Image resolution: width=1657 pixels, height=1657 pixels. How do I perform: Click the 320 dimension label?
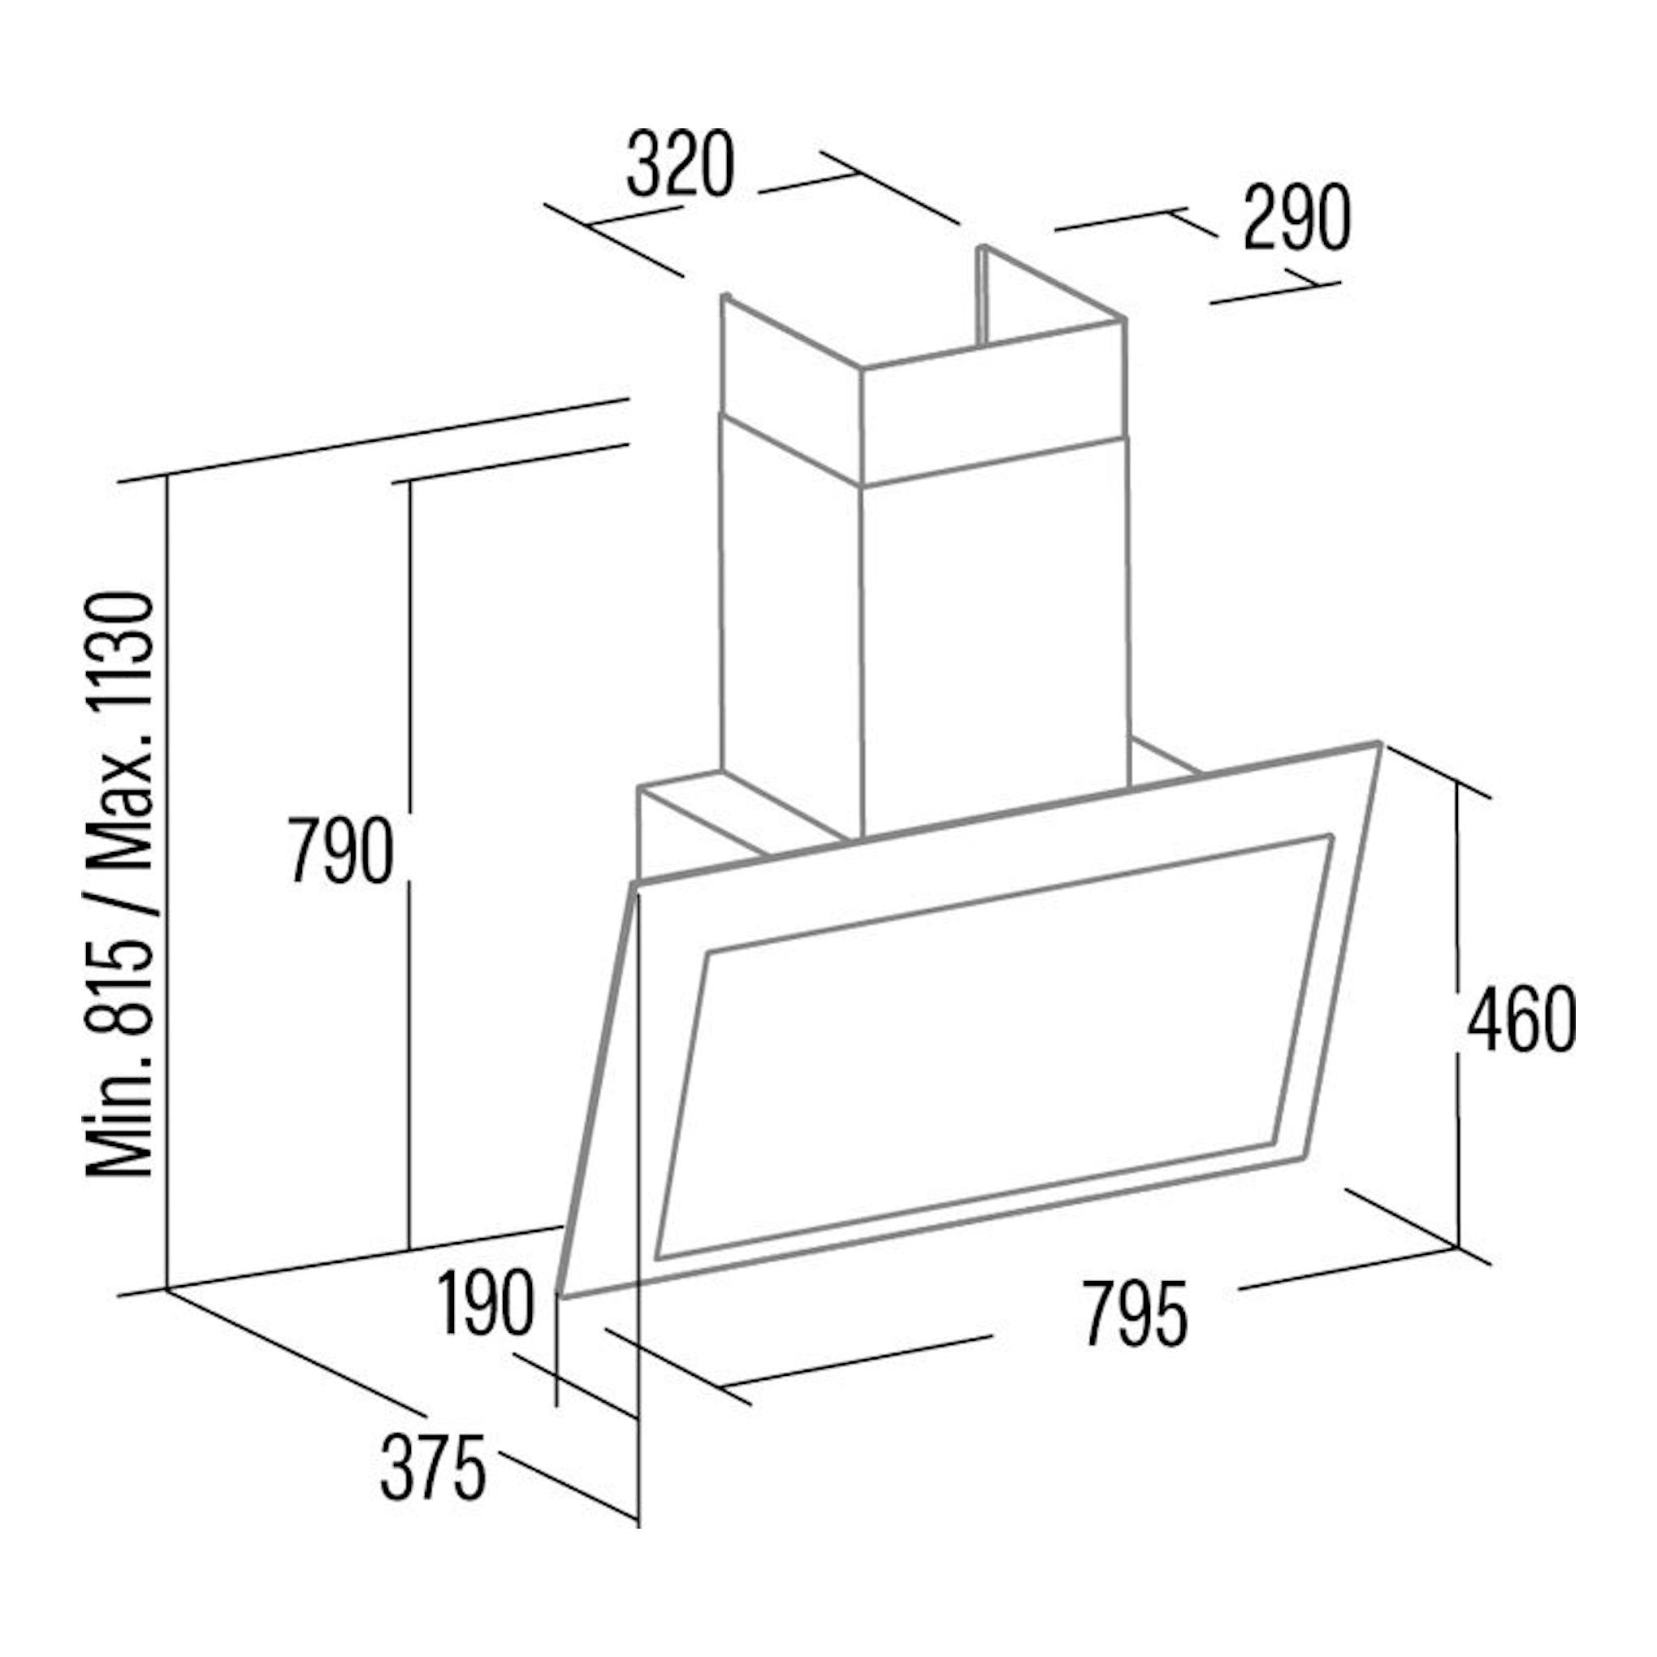[680, 165]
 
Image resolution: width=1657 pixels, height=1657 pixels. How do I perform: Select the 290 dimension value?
[1297, 218]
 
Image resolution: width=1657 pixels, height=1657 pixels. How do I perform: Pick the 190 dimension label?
[486, 1305]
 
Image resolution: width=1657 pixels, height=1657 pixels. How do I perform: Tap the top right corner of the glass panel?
[1379, 742]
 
